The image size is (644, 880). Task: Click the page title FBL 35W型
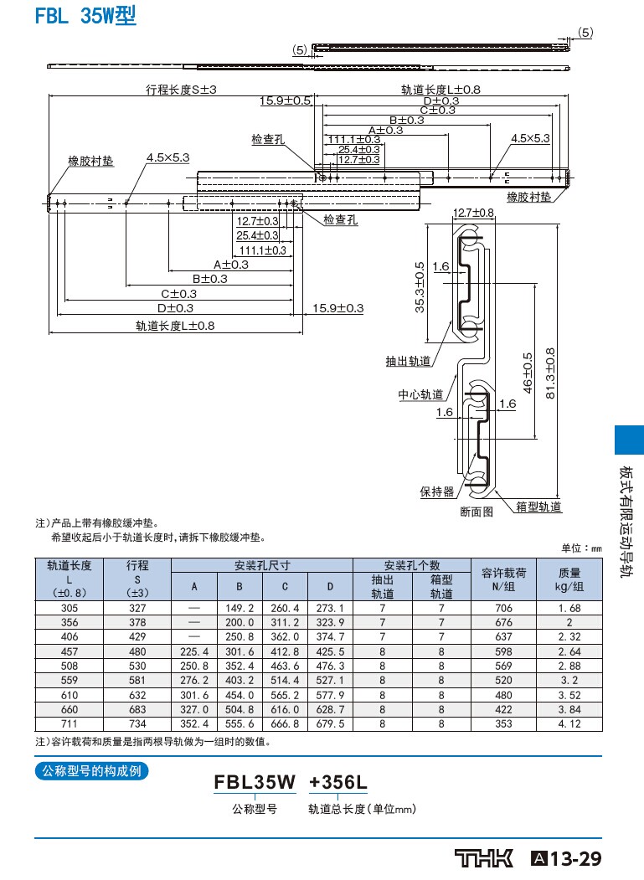click(x=85, y=15)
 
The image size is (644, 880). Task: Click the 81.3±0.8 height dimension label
click(x=550, y=373)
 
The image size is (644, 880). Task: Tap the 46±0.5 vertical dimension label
click(x=528, y=373)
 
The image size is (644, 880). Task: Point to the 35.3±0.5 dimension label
click(x=420, y=287)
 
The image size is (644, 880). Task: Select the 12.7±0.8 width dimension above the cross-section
click(x=473, y=213)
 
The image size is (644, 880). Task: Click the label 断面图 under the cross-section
click(x=477, y=512)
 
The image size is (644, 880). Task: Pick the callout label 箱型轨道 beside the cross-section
click(x=538, y=507)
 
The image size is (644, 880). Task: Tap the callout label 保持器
click(x=437, y=491)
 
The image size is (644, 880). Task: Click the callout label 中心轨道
click(x=420, y=394)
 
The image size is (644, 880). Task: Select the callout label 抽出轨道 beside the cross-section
click(x=408, y=362)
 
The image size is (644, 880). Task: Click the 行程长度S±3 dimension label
click(x=181, y=90)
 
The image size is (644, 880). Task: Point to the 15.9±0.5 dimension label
click(x=286, y=100)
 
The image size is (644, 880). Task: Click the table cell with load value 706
click(x=503, y=608)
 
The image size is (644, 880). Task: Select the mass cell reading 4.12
click(x=569, y=723)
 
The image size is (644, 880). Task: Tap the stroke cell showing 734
click(x=137, y=723)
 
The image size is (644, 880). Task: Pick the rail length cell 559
click(x=69, y=680)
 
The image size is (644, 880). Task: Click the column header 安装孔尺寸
click(x=262, y=565)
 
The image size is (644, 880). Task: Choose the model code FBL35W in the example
click(x=255, y=782)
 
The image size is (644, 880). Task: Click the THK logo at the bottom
click(x=483, y=858)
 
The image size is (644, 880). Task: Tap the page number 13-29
click(x=575, y=859)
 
